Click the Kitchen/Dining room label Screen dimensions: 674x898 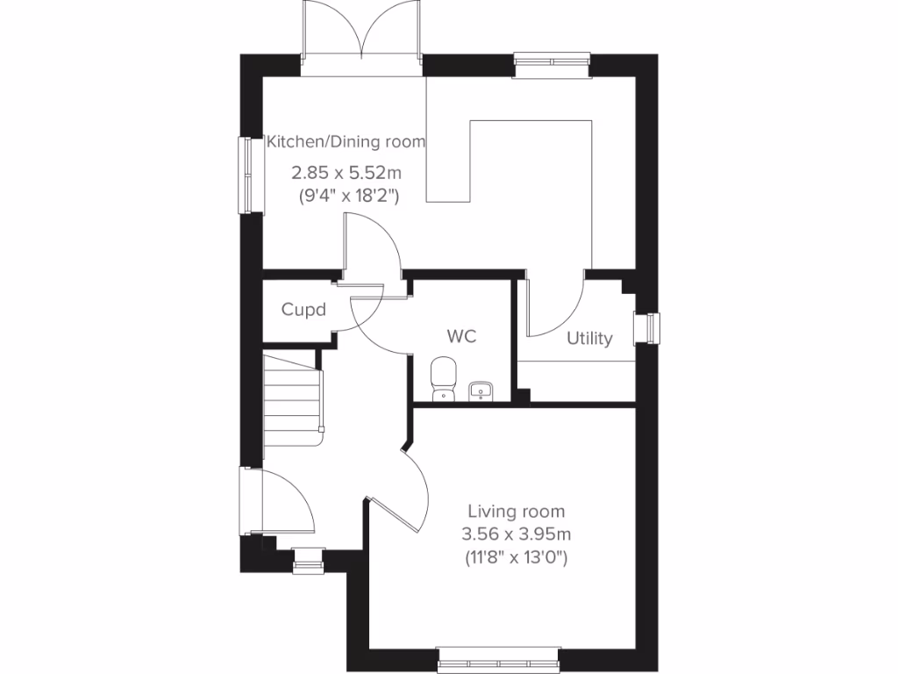pyautogui.click(x=346, y=141)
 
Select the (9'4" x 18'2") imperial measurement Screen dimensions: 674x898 pyautogui.click(x=349, y=197)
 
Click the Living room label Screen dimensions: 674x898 pyautogui.click(x=516, y=511)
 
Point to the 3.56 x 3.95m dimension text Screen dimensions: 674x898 pyautogui.click(x=516, y=534)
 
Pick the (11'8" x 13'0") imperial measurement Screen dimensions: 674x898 pyautogui.click(x=516, y=556)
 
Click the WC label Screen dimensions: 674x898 pyautogui.click(x=461, y=337)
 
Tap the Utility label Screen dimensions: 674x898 pyautogui.click(x=589, y=339)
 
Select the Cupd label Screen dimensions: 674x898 pyautogui.click(x=303, y=310)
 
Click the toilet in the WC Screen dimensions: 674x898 pyautogui.click(x=444, y=378)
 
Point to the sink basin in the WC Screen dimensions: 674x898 pyautogui.click(x=481, y=390)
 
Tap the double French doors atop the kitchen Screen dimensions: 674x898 pyautogui.click(x=361, y=35)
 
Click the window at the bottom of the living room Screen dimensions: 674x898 pyautogui.click(x=498, y=656)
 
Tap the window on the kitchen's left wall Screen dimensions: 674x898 pyautogui.click(x=253, y=174)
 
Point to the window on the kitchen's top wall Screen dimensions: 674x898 pyautogui.click(x=552, y=64)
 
